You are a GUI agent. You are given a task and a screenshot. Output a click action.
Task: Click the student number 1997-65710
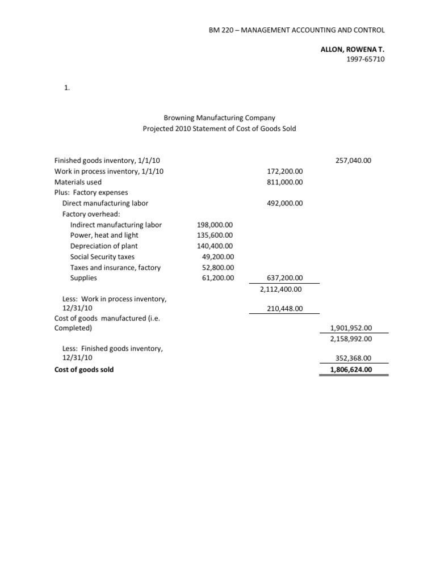[365, 60]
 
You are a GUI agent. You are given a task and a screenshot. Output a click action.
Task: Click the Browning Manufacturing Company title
[219, 118]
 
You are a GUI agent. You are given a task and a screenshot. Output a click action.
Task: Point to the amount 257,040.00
[353, 161]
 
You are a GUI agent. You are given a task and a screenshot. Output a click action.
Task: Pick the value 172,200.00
[284, 171]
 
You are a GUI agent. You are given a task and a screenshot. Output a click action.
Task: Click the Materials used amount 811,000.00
[284, 182]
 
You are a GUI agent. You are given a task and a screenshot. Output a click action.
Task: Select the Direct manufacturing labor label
[105, 203]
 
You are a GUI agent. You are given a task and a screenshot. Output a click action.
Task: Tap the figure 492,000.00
[284, 203]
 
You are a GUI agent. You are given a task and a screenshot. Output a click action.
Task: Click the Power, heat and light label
[104, 235]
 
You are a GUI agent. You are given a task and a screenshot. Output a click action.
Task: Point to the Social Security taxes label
[102, 256]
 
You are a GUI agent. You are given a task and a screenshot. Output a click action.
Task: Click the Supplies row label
[83, 278]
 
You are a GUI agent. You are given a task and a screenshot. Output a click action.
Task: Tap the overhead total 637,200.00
[284, 278]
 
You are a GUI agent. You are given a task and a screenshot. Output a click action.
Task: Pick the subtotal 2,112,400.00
[282, 289]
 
